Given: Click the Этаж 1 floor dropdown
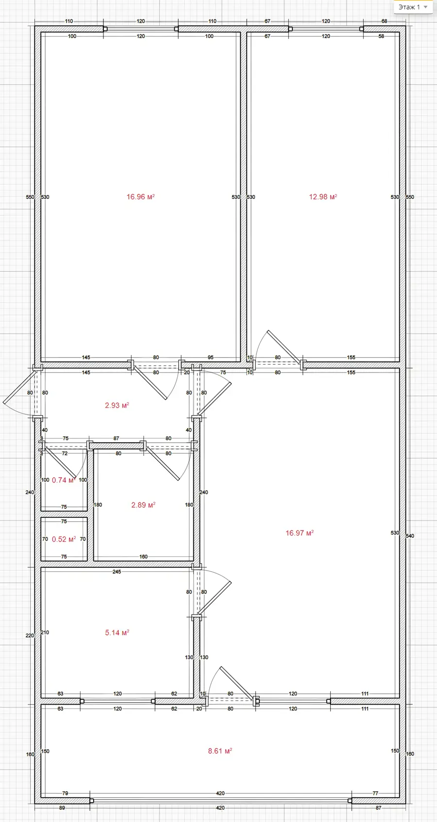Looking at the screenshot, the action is pos(413,7).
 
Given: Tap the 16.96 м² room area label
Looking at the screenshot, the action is pos(140,197).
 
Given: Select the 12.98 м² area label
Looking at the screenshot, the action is pos(323,197).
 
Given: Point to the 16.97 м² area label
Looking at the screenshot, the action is pos(300,533).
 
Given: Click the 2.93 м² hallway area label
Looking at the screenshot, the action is pos(117,405).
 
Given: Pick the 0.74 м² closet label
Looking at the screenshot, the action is pos(63,480).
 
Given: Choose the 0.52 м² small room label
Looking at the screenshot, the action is pos(64,539).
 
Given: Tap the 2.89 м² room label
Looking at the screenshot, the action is pos(143,505).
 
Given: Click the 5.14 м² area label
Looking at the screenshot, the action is pos(117,633).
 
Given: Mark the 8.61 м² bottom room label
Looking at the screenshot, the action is pos(220,751).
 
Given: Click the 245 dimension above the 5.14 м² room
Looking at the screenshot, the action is pos(117,571).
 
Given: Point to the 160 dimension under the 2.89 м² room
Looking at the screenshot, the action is pos(143,556).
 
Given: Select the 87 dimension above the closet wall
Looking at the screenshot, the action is pos(116,438).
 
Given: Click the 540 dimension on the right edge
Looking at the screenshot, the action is pos(410,536).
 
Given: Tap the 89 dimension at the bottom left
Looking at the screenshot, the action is pos(62,807).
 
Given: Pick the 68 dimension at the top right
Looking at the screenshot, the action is pos(384,21).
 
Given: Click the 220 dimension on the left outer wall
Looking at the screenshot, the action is pos(30,635).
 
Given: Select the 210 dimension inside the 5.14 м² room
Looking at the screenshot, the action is pos(45,632).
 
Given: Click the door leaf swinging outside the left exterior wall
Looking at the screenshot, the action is pos(19,387).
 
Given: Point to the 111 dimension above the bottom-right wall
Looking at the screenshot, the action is pos(365,693).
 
